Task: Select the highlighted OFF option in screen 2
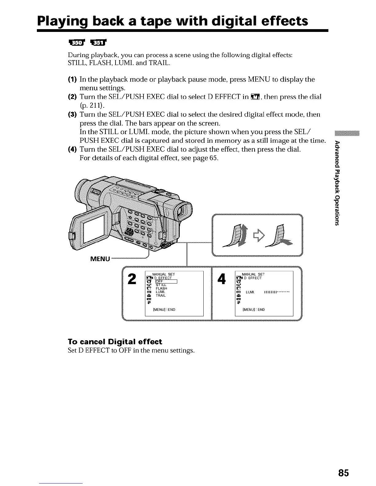coord(166,282)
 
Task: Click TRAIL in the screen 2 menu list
coord(161,295)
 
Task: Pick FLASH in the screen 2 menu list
coord(161,288)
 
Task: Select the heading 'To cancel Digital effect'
coord(115,341)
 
